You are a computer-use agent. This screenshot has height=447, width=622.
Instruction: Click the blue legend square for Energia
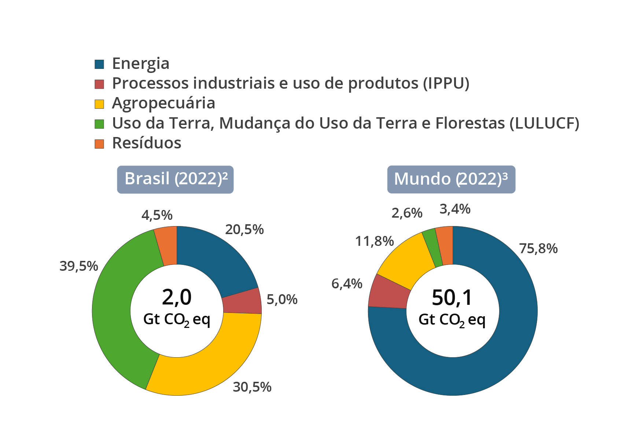[x=99, y=64]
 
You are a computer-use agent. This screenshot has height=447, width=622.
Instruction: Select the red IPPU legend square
[x=99, y=84]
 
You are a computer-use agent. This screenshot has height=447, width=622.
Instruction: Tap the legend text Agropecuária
[x=163, y=103]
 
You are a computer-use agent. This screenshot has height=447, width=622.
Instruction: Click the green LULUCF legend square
[x=99, y=124]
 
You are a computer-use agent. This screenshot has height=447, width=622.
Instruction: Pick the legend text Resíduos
[x=147, y=143]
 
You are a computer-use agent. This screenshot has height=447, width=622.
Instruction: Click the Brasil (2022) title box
[x=175, y=179]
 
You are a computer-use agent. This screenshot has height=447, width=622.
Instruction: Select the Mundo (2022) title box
[x=451, y=179]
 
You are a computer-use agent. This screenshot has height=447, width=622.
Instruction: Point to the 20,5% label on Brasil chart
[x=244, y=230]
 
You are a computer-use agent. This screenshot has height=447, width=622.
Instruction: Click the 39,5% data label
[x=79, y=266]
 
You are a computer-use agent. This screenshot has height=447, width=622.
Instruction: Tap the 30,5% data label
[x=252, y=387]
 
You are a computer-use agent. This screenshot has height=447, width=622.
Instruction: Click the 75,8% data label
[x=538, y=249]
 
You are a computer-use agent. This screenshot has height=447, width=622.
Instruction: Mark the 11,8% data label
[x=374, y=241]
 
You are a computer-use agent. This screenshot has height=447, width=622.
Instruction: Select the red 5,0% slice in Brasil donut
[x=242, y=301]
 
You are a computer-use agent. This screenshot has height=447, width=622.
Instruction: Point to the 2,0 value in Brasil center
[x=177, y=297]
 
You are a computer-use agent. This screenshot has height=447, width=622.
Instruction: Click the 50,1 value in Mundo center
[x=452, y=298]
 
